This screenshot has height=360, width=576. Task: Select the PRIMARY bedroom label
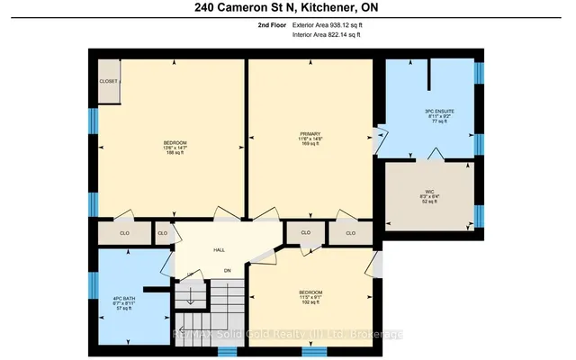(310, 133)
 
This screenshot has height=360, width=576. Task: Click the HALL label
(219, 251)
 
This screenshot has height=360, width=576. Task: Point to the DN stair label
(228, 271)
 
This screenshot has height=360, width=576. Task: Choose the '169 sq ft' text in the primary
(310, 144)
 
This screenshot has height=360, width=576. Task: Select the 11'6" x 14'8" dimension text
(310, 139)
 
